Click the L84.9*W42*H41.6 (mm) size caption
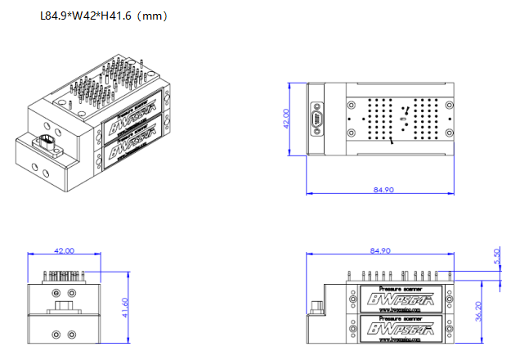(104, 16)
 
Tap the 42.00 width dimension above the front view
(63, 250)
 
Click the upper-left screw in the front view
(55, 293)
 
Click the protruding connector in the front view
(64, 309)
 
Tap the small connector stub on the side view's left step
(315, 308)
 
